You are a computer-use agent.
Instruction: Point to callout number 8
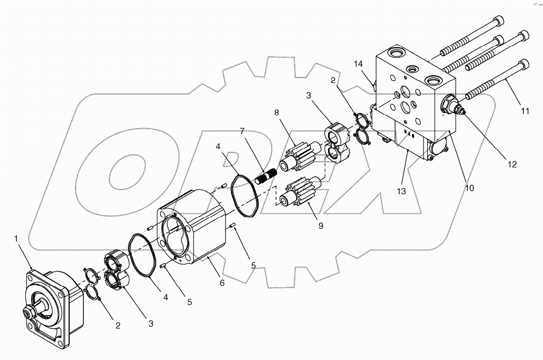277,113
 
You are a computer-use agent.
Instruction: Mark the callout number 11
525,111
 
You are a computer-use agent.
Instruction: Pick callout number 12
511,164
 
